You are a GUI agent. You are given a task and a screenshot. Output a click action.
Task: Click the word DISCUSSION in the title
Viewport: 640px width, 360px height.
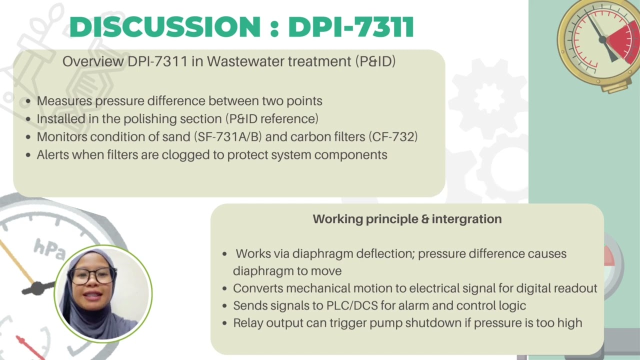coord(164,27)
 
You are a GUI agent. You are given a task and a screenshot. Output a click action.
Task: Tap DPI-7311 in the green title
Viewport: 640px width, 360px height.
coord(351,27)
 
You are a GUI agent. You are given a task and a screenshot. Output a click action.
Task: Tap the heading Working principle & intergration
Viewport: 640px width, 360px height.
coord(407,219)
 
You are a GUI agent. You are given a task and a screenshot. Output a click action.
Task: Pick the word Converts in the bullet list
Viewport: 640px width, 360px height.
coord(257,288)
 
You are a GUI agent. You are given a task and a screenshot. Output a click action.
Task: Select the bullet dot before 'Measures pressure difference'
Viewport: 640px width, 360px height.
coord(28,101)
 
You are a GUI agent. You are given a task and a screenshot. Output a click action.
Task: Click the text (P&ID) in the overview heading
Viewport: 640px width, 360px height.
coord(375,61)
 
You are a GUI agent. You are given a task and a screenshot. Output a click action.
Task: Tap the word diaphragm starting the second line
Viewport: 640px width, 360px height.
coord(262,271)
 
